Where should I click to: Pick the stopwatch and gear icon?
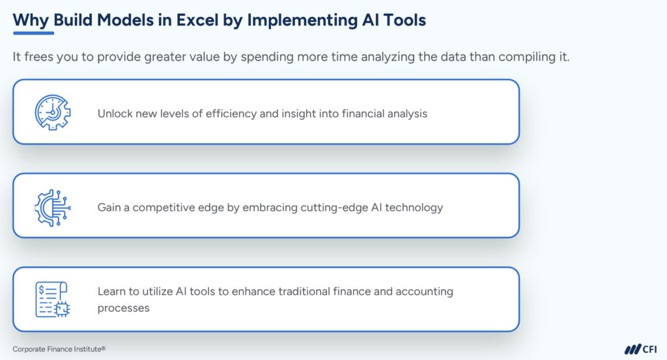click(x=52, y=112)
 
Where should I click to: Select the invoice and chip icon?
click(x=52, y=299)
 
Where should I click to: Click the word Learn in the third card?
click(x=112, y=292)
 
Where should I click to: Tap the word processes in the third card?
click(x=123, y=307)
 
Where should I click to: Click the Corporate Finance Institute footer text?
click(x=59, y=349)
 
